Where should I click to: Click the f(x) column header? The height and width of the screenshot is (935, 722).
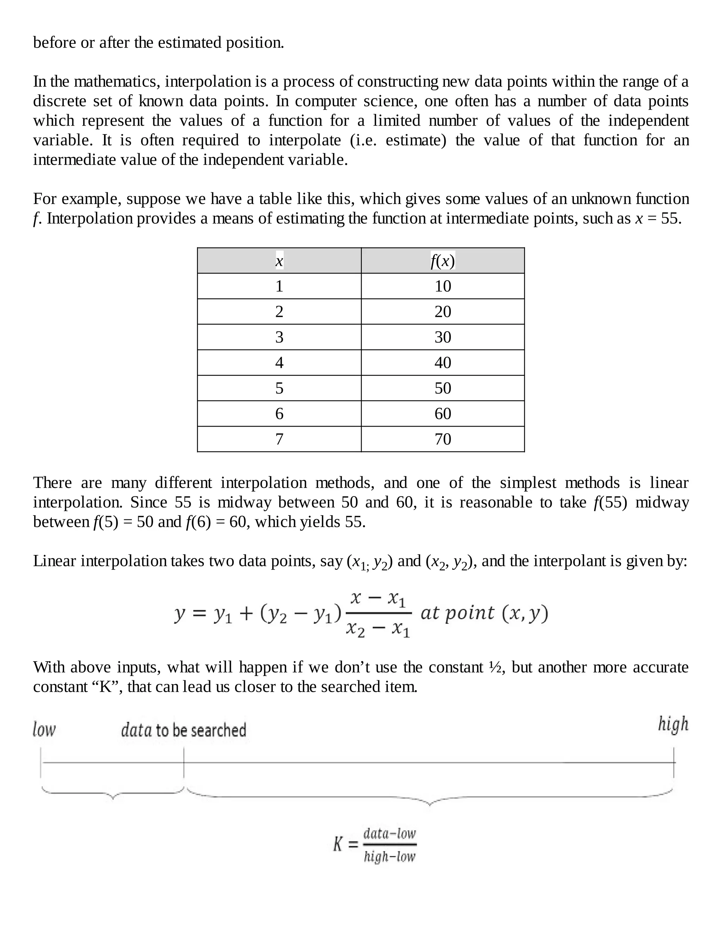pyautogui.click(x=443, y=261)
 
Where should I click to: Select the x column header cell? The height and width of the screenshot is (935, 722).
pyautogui.click(x=279, y=261)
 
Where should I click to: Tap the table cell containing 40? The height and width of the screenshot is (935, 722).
pyautogui.click(x=443, y=363)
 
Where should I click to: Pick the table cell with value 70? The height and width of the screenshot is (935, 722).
pyautogui.click(x=443, y=439)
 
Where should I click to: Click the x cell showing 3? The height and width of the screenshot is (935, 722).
pyautogui.click(x=279, y=337)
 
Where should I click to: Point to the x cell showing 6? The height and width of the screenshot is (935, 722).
pyautogui.click(x=279, y=414)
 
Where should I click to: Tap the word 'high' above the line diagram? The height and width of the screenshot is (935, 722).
pyautogui.click(x=673, y=724)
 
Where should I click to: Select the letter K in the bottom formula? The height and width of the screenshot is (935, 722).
pyautogui.click(x=338, y=845)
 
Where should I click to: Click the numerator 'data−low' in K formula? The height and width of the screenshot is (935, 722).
pyautogui.click(x=389, y=833)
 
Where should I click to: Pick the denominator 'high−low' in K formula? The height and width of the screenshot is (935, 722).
pyautogui.click(x=389, y=857)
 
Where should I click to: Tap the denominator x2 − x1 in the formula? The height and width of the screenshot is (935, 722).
pyautogui.click(x=378, y=628)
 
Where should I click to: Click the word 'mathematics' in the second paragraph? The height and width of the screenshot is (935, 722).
pyautogui.click(x=116, y=82)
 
